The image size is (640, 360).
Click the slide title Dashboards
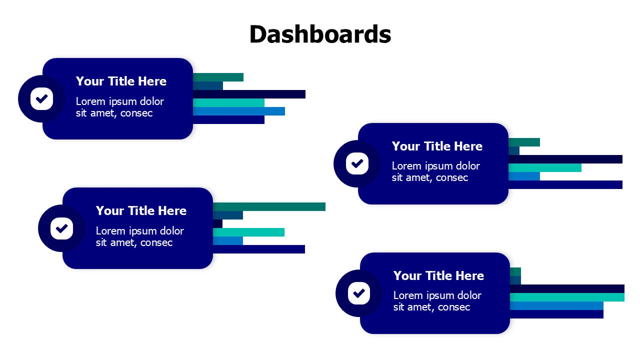pos(320,34)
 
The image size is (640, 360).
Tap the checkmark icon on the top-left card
pos(41,98)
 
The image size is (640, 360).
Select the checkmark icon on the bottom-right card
pos(358,293)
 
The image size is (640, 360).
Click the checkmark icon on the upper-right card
pos(357,163)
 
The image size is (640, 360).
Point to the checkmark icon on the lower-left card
pos(61,228)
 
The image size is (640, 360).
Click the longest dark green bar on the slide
pos(269,206)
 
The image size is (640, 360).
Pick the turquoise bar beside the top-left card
pos(228,102)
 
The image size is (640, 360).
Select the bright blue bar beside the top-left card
pos(238,111)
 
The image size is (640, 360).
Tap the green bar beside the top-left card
pos(218,77)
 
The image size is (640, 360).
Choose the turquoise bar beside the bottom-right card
pos(567,297)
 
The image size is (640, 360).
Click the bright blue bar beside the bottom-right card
pos(556,305)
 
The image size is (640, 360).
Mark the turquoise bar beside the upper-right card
pos(545,167)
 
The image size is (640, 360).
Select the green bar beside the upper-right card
pos(524,142)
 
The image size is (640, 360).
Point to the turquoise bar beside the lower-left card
pos(248,232)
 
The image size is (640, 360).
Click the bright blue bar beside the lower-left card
pos(228,240)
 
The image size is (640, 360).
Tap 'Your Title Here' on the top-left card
pos(121,81)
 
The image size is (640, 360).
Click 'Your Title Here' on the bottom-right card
pos(438,275)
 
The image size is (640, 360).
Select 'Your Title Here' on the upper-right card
pos(437,146)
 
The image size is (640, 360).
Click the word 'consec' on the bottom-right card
pos(454,307)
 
